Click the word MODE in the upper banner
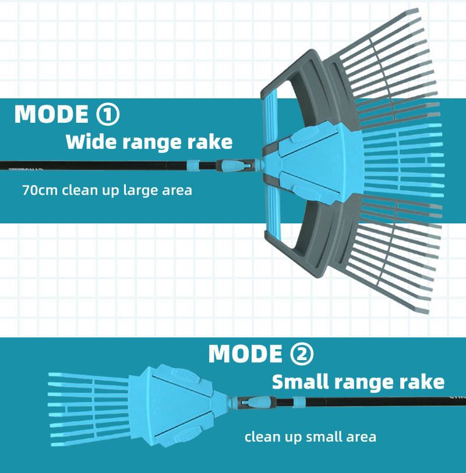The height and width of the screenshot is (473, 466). (x=50, y=114)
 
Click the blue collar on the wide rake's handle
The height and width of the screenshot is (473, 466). (x=195, y=165)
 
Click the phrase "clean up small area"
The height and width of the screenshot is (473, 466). (x=310, y=436)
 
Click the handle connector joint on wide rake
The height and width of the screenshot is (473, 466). (x=233, y=168)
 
